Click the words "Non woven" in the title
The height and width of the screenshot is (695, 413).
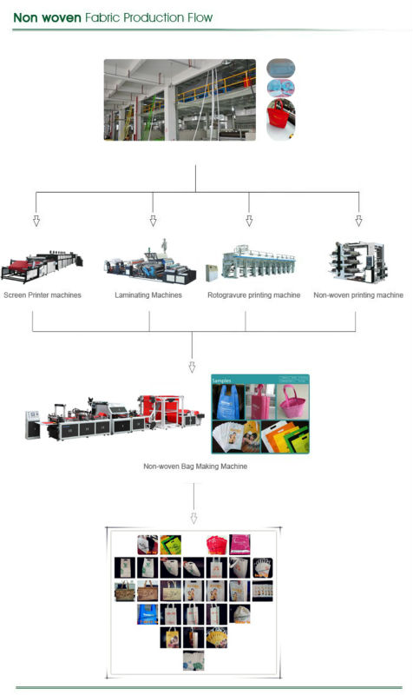pos(47,17)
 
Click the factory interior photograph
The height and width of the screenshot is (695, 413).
pos(180,100)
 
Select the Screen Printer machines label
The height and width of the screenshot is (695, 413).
pos(43,295)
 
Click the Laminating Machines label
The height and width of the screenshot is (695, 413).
pos(148,295)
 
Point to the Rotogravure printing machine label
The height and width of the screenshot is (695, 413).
pos(254,295)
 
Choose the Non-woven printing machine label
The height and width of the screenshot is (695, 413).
pos(358,295)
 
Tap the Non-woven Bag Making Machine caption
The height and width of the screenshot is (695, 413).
pos(195,467)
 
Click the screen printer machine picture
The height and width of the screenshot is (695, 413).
pos(42,267)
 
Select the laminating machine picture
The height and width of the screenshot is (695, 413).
pos(150,263)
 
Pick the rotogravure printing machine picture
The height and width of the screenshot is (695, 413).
pos(251,263)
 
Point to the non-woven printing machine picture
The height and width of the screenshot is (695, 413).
pos(358,262)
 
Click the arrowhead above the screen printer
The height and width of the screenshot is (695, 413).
pos(36,221)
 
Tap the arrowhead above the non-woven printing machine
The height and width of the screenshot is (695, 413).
pos(358,221)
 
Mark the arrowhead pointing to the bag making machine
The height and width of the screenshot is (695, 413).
pos(192,367)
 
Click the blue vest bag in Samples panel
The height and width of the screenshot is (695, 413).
pos(228,402)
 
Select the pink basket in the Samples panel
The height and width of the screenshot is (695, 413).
pos(292,401)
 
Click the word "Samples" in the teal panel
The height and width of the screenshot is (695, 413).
pos(221,381)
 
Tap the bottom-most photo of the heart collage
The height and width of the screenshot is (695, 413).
pos(193,660)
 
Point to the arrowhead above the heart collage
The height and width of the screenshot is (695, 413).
pos(193,518)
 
